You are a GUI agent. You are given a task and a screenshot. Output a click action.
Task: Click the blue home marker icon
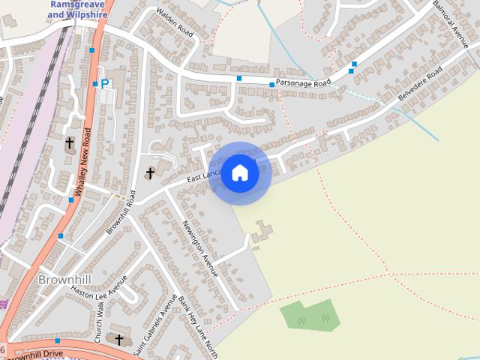240,172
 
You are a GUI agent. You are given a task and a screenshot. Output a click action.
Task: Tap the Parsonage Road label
302,83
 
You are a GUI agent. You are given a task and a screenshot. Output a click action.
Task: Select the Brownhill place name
64,280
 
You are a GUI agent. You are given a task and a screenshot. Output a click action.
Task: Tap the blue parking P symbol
105,85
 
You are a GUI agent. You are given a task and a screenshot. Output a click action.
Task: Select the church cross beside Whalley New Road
70,142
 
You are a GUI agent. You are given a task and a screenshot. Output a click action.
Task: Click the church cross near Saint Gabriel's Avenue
118,339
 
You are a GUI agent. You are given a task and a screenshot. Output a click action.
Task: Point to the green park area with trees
310,315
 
